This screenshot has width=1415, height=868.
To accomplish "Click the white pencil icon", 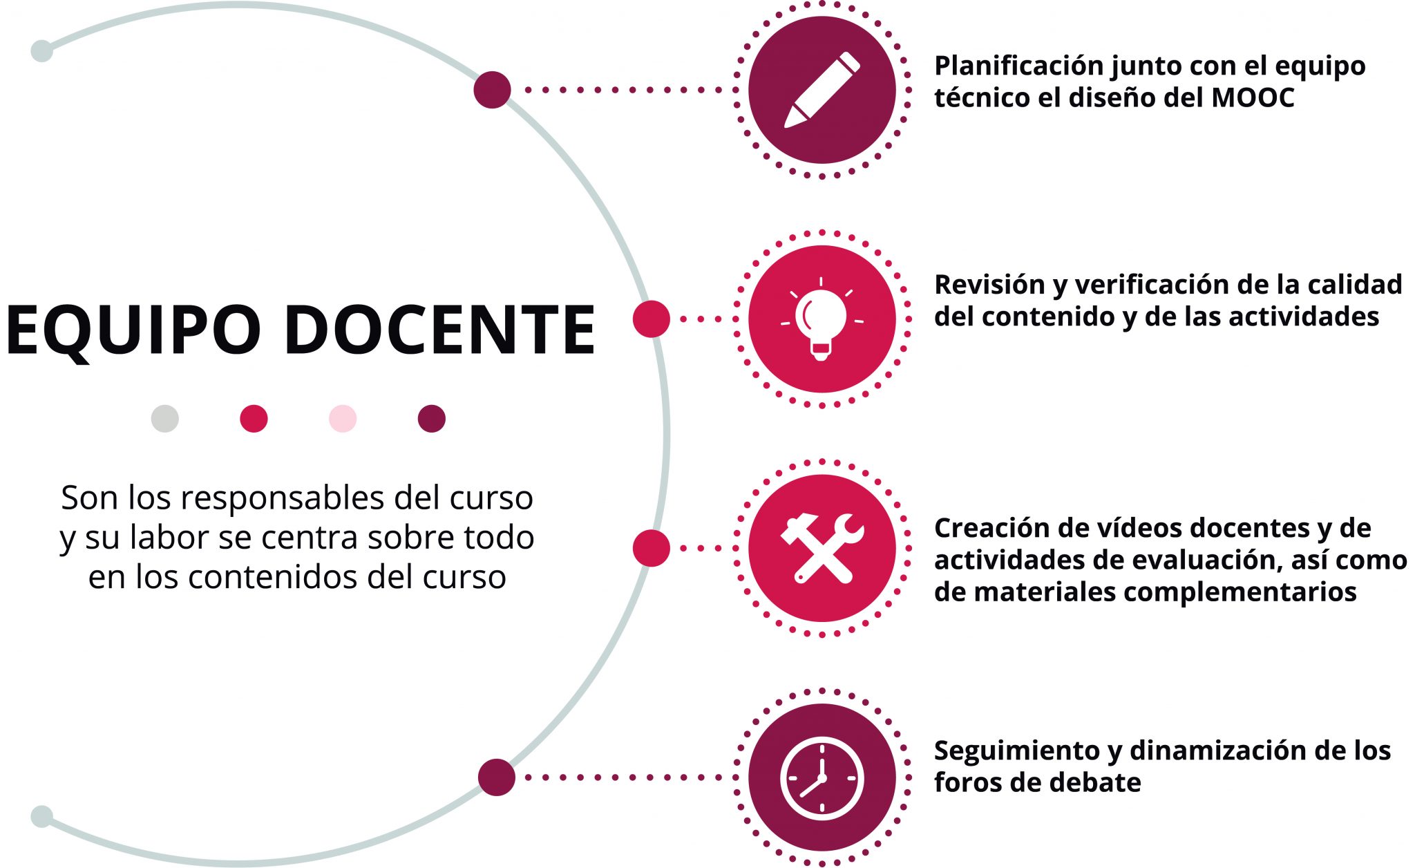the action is pos(822,90).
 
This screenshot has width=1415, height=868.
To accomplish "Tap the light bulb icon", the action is pos(822,319).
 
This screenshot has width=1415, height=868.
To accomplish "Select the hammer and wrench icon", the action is pos(822,548).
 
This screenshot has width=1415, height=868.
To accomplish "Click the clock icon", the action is pos(822,778).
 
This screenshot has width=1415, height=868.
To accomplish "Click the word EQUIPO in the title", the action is pos(133,330).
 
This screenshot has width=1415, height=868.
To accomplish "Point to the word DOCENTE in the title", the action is pos(439,330).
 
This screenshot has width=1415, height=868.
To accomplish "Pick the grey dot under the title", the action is pos(165,419).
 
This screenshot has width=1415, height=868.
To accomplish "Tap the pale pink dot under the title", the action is pos(343,419).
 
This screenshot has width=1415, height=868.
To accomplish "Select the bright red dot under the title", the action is pos(254,419).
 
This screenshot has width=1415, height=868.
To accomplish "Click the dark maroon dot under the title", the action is pos(432,419).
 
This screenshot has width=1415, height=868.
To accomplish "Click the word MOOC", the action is pos(1253,97).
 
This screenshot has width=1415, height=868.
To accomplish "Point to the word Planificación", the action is pos(1019,66).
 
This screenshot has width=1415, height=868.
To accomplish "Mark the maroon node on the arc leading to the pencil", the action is pos(492,90).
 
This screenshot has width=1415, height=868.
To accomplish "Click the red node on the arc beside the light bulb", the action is pos(652,319).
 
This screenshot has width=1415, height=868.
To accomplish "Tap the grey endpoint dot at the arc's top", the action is pos(42,51).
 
